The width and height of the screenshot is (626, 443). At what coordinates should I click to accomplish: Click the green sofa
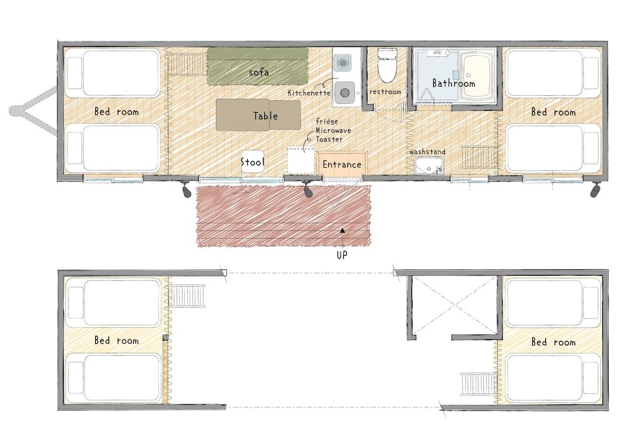[258, 66]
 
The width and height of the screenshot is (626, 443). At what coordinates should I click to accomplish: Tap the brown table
[259, 115]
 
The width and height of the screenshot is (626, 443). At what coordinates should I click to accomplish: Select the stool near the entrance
[252, 162]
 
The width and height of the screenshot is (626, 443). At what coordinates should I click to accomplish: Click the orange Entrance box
[342, 164]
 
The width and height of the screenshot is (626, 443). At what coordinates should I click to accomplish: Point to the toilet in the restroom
[387, 65]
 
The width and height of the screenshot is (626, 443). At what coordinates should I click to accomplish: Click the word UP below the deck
[342, 255]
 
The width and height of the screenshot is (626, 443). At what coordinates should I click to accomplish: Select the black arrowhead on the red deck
[342, 231]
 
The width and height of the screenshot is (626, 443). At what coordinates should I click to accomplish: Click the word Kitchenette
[309, 93]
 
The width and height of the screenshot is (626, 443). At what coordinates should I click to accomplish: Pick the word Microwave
[334, 130]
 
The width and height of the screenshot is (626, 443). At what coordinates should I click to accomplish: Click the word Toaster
[329, 139]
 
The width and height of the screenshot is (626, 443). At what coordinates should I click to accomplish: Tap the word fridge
[327, 121]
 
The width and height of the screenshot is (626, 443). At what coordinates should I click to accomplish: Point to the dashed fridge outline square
[301, 160]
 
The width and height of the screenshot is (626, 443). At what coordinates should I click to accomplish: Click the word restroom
[385, 92]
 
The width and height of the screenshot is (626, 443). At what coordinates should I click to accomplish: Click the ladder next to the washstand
[476, 157]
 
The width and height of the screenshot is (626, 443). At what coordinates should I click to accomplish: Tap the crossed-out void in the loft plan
[455, 306]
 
